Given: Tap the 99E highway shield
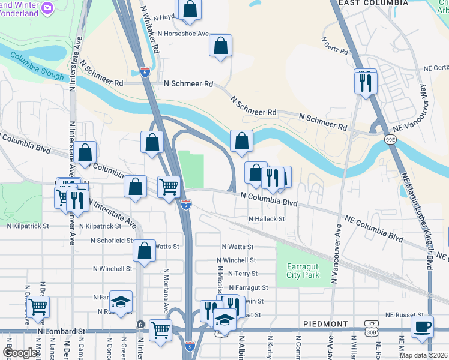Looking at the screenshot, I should tap(390, 139).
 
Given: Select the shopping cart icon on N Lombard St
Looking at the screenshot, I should tap(160, 329).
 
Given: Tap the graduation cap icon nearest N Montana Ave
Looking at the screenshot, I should tap(121, 303).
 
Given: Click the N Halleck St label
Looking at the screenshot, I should tap(265, 220).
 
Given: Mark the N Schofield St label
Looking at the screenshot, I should tap(111, 241).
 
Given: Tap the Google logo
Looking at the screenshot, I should tap(20, 353).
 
